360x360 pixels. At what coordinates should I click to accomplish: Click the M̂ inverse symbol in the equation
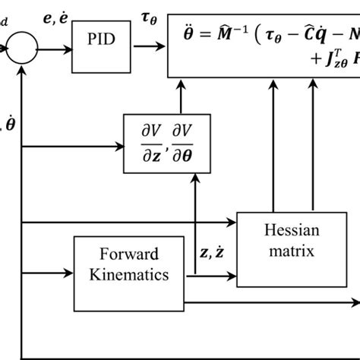coord(230,35)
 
